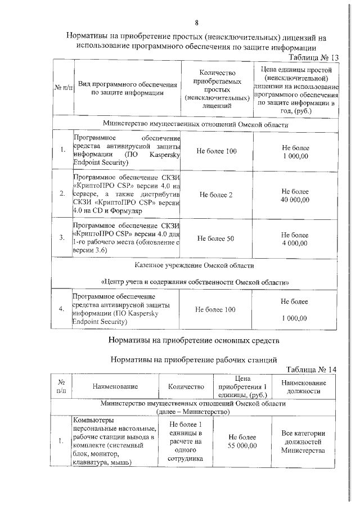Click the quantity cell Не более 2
(216, 195)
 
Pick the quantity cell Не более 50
(216, 238)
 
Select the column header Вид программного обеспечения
(128, 89)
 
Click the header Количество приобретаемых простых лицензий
(217, 89)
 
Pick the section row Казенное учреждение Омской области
(194, 264)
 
